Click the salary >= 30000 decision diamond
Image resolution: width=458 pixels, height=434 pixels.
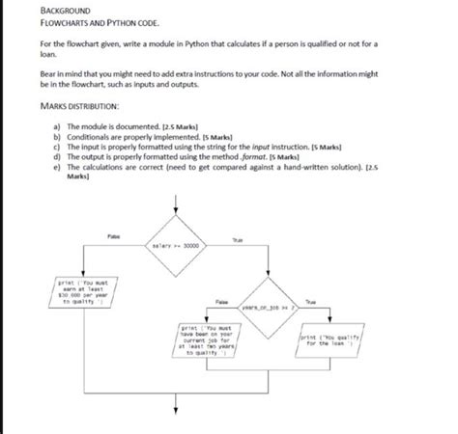tap(176, 245)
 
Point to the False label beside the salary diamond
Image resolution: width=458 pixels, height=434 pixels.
tap(114, 234)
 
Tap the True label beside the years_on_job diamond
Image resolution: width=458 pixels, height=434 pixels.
tap(310, 302)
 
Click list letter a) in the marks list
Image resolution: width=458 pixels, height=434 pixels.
tap(57, 125)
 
